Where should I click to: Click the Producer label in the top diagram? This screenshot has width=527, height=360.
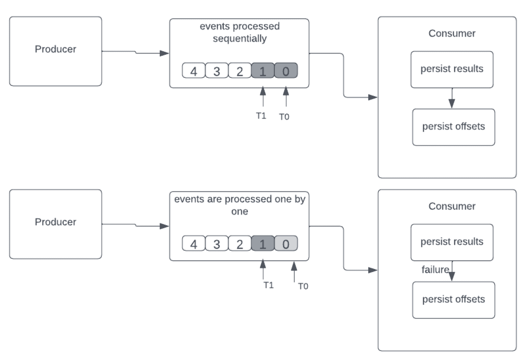click(x=56, y=49)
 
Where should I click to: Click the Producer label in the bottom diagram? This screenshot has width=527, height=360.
click(x=56, y=222)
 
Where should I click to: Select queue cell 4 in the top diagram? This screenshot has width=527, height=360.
click(x=194, y=70)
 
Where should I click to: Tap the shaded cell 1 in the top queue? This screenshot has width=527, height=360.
click(x=263, y=70)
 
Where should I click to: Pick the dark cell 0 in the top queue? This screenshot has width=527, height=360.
click(x=286, y=70)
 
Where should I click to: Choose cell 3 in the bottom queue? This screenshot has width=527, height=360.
click(x=217, y=243)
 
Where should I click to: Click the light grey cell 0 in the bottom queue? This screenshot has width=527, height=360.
click(x=286, y=243)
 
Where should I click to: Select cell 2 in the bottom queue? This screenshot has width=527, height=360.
click(x=240, y=243)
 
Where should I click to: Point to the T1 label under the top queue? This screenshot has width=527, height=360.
click(x=261, y=116)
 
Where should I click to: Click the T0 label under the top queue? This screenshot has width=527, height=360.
click(x=284, y=117)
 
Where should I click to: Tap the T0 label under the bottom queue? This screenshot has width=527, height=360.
click(x=303, y=286)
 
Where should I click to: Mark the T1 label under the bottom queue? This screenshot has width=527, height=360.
click(x=268, y=285)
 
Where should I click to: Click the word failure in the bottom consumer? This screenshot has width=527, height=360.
click(x=435, y=270)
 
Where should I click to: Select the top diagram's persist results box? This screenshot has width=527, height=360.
click(x=452, y=70)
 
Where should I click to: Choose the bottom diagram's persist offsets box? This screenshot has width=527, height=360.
click(x=454, y=300)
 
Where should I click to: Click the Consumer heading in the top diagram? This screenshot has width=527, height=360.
click(x=452, y=34)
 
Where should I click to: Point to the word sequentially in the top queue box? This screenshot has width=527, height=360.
click(x=240, y=39)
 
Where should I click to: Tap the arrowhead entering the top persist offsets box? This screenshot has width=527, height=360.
click(x=452, y=104)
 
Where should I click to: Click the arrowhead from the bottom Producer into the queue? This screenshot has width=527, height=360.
click(x=164, y=226)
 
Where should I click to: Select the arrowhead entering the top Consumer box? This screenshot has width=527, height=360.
click(x=373, y=97)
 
